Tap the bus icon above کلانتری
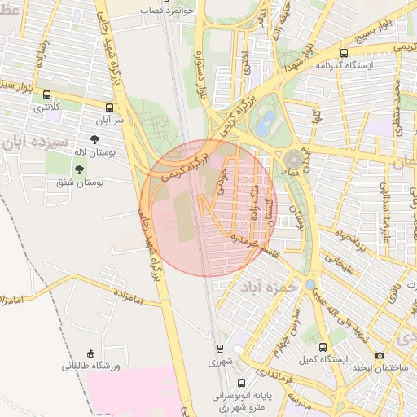[x=46, y=94]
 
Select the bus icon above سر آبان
[x=109, y=107]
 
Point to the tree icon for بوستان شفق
[x=79, y=169]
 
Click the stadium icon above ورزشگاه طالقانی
[x=91, y=353]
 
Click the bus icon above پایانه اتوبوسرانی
[x=240, y=382]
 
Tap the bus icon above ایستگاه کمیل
[x=323, y=346]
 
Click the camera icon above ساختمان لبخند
[x=380, y=355]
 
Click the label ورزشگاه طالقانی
[x=91, y=367]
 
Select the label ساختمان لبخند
[x=381, y=368]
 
